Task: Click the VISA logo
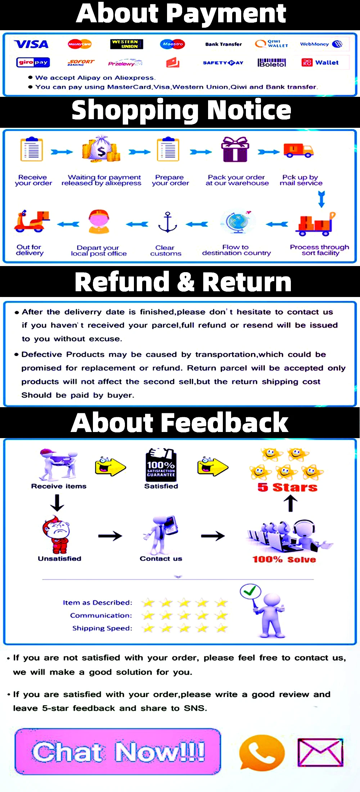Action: [31, 44]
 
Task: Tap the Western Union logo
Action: [126, 44]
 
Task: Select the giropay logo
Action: [33, 62]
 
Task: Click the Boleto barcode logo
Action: [272, 63]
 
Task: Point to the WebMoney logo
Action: [321, 44]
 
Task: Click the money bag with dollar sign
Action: [101, 149]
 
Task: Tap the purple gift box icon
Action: [235, 149]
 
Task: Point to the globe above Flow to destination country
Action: [237, 221]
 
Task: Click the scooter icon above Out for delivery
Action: [31, 221]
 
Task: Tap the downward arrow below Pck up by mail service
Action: [321, 199]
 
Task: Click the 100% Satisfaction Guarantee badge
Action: [161, 465]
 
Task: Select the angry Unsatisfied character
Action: [56, 535]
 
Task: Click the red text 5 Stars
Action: [287, 487]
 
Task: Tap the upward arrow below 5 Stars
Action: [291, 503]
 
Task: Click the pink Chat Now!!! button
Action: [118, 751]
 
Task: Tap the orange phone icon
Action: [262, 753]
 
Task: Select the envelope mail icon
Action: [320, 752]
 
